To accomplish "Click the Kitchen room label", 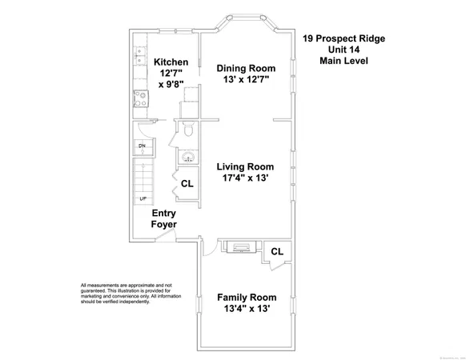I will click(x=171, y=62).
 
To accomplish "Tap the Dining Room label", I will click(x=248, y=68).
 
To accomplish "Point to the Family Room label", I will click(x=247, y=297).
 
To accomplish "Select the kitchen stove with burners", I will click(x=139, y=102).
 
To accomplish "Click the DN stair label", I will click(x=142, y=146).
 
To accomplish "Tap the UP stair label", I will click(x=143, y=198).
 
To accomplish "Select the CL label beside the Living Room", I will click(x=187, y=184).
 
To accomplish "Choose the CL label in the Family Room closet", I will click(x=277, y=251).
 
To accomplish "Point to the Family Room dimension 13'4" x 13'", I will click(x=247, y=309).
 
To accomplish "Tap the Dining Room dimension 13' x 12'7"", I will click(x=248, y=80).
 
